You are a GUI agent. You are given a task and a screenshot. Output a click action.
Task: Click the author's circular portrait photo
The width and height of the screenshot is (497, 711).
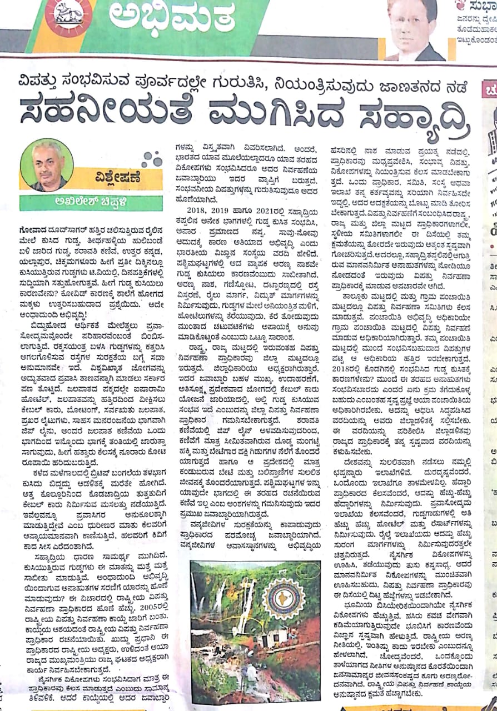(x=47, y=165)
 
